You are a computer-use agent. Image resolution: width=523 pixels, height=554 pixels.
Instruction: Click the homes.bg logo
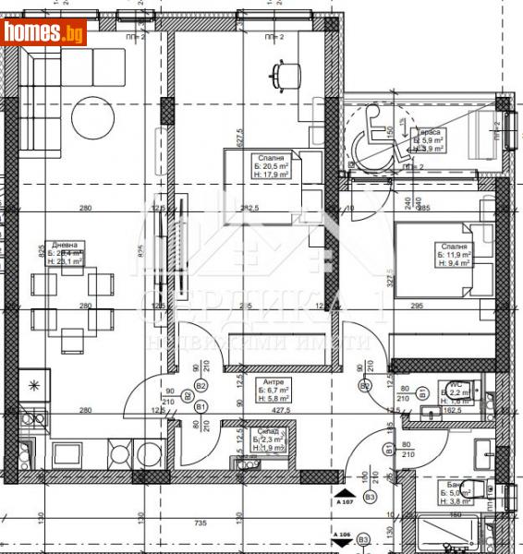(x=44, y=33)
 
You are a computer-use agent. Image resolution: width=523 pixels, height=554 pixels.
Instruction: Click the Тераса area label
(x=429, y=131)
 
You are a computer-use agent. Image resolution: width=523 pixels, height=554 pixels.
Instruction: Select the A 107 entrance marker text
(x=345, y=501)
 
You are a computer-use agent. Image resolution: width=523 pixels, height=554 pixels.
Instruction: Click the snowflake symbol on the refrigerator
(x=34, y=384)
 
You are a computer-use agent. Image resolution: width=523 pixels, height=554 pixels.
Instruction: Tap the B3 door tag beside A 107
(x=370, y=498)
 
